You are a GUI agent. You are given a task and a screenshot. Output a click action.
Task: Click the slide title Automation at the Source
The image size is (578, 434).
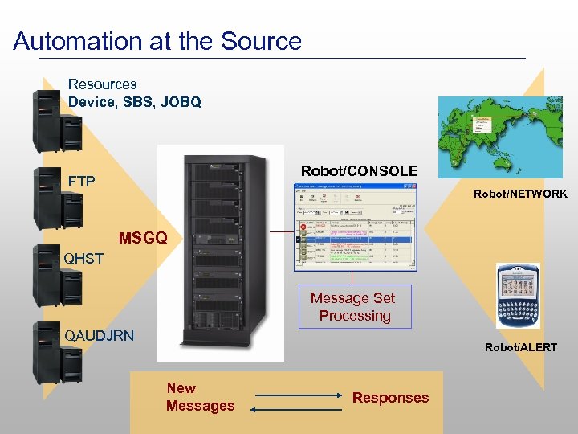pos(157,41)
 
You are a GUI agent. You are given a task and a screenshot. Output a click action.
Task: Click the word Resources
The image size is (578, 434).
pos(102,84)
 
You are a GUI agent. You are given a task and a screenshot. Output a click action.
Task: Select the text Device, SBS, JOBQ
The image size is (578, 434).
pos(134,102)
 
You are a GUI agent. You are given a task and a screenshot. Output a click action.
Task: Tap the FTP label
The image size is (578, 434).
pos(81,181)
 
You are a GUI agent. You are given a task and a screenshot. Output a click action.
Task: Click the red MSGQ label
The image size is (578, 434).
pos(143,238)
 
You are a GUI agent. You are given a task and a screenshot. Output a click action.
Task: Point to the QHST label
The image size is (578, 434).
pos(84,258)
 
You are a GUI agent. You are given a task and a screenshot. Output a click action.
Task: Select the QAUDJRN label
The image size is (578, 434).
pos(99,334)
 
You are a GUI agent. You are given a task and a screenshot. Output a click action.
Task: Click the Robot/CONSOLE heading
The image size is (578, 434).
pos(359,171)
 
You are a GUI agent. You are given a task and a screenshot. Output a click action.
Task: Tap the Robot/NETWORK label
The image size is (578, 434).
pos(520,194)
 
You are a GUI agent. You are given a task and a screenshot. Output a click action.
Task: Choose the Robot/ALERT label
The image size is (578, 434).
pos(520,347)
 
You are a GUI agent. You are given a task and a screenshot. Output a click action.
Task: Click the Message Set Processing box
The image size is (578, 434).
pos(354,307)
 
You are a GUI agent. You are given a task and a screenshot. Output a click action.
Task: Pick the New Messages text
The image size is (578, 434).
pos(200,397)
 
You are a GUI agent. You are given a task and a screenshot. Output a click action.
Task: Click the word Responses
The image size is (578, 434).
pos(390,397)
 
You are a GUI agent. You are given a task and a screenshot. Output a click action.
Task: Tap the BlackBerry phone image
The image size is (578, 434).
pos(518,295)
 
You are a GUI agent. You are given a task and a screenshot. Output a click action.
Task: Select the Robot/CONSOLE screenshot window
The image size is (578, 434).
pos(356,228)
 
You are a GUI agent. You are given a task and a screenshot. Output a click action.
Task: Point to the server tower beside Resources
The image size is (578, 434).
pos(48,121)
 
